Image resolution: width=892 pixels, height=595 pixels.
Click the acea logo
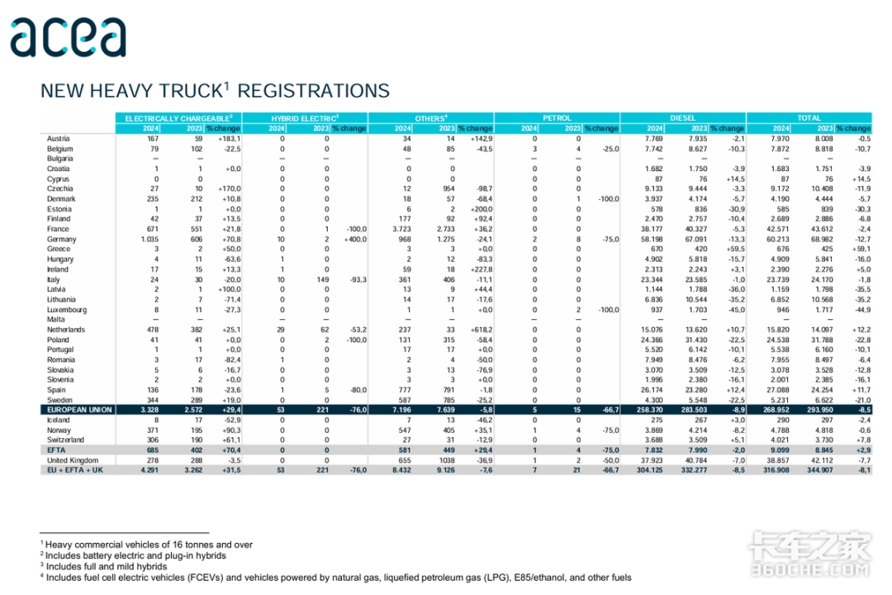coord(68,36)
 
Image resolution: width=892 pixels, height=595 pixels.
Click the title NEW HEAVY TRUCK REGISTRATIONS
coord(215,91)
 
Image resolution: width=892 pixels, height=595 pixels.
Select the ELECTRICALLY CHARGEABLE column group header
coord(179,118)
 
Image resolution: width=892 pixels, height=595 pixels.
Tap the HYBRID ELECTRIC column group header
coord(306,118)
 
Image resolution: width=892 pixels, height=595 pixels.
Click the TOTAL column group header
coord(809,118)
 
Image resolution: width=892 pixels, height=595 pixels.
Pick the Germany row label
coord(63,239)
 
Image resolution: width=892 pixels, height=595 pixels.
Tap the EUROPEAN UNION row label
coord(79,410)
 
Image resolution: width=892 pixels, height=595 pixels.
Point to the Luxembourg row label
coord(68,309)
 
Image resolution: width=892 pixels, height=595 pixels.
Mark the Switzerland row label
coord(67,440)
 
